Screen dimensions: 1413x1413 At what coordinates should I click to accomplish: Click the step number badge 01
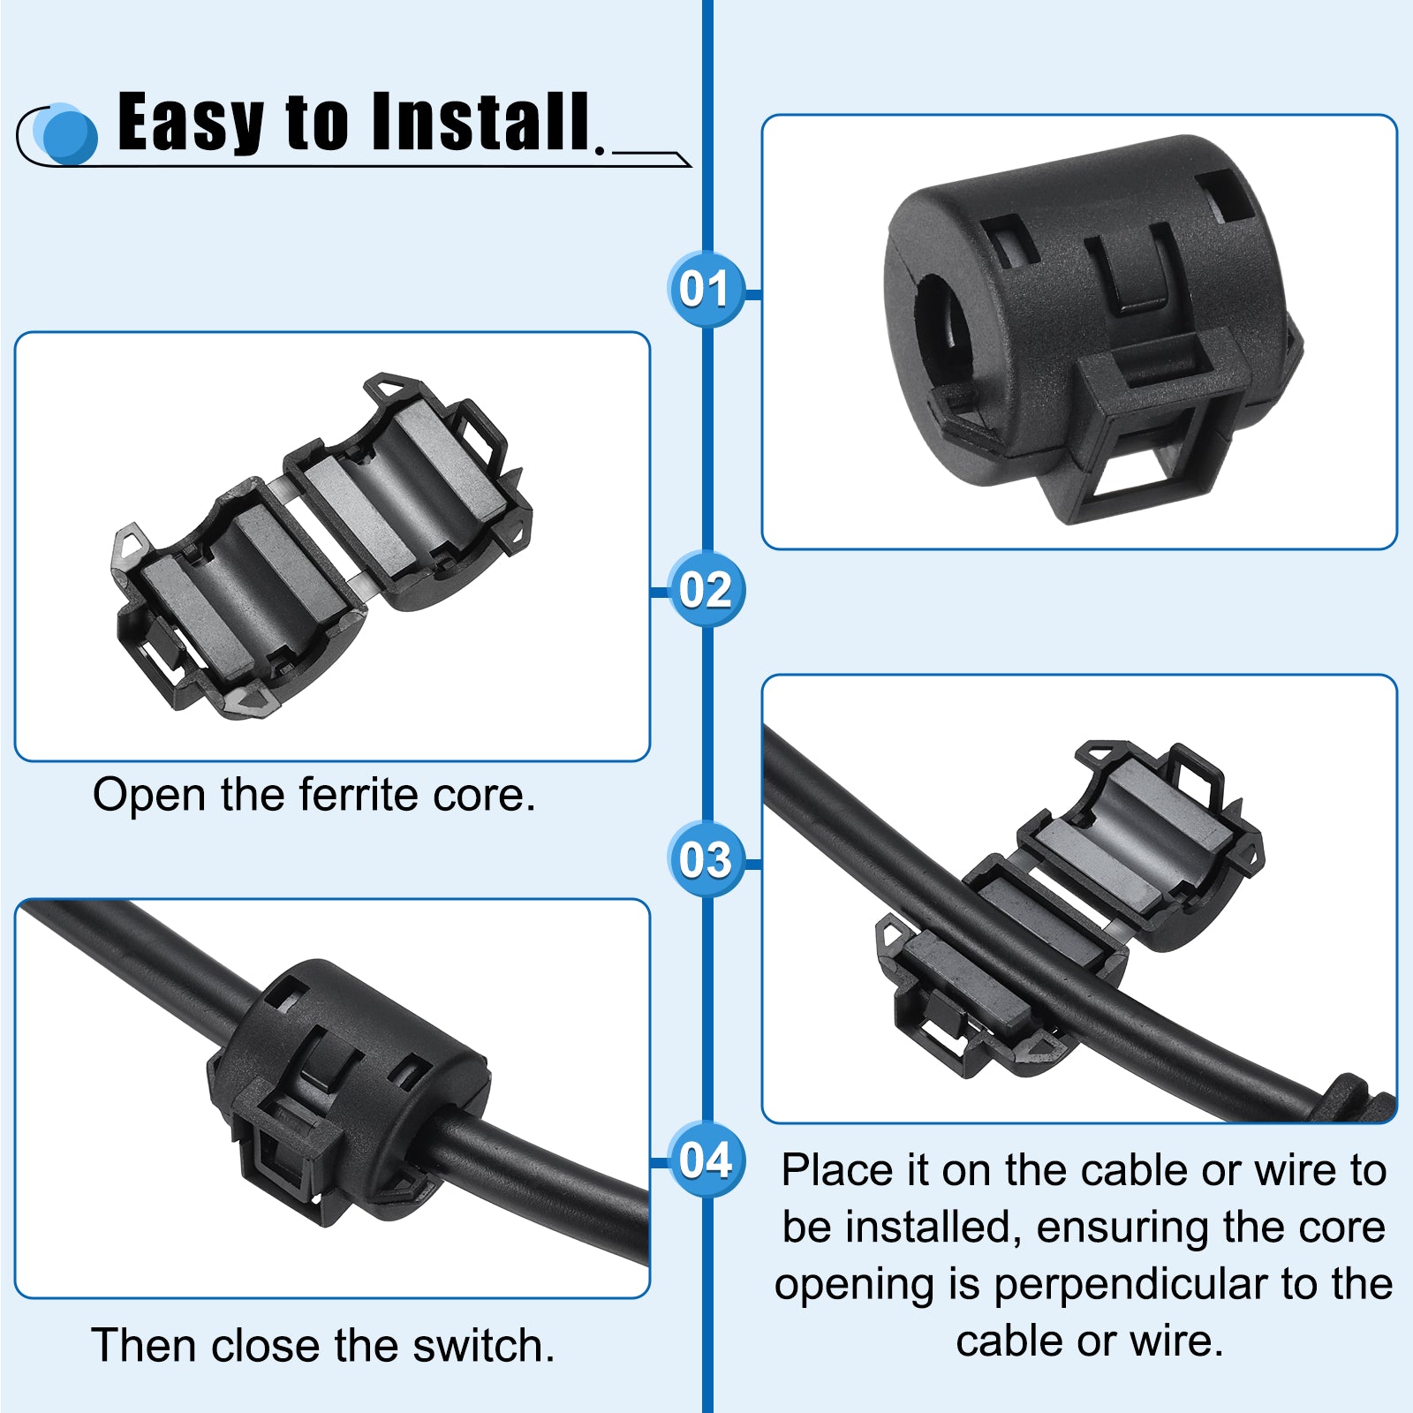coord(706,288)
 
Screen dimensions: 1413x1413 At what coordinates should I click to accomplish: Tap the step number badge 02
coord(706,589)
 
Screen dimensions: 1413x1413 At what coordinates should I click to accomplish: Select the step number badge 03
coord(706,859)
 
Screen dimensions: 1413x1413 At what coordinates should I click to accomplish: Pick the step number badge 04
coord(706,1160)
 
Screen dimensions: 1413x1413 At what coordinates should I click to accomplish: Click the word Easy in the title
coord(191,124)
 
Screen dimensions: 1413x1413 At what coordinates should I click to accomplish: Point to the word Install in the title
coord(480,121)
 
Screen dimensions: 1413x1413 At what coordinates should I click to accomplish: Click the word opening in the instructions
coord(854,1286)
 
